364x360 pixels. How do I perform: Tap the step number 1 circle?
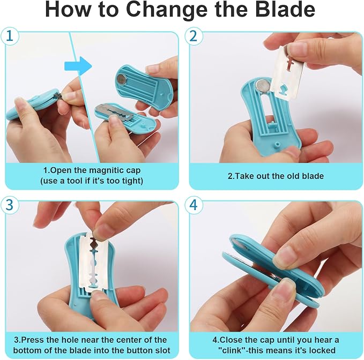point(10,36)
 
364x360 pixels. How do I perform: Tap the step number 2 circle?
point(194,36)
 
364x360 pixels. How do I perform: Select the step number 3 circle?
point(10,205)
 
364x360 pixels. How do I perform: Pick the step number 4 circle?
point(194,205)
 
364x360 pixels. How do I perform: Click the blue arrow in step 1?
point(78,66)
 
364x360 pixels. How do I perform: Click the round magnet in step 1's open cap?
point(122,79)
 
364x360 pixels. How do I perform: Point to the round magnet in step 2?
point(263,86)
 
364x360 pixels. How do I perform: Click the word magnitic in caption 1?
point(107,170)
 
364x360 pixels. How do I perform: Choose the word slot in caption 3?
point(162,350)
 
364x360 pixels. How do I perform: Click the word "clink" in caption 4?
point(232,350)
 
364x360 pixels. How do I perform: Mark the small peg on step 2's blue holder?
point(276,145)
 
